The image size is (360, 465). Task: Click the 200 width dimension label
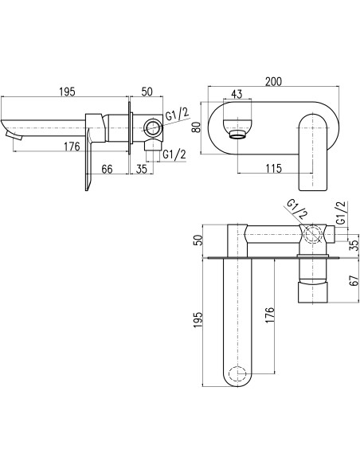click(x=273, y=81)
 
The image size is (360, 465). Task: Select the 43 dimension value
click(x=237, y=94)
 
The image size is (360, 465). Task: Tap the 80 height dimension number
click(x=197, y=127)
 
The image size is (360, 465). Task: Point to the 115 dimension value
click(x=273, y=169)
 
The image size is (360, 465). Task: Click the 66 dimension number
click(x=107, y=169)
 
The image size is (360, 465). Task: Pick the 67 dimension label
click(x=354, y=280)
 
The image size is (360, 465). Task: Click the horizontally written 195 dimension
click(x=67, y=92)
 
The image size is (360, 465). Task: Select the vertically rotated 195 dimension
click(x=198, y=319)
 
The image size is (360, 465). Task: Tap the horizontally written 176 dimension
click(x=72, y=147)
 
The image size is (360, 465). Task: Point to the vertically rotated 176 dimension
click(x=269, y=315)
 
